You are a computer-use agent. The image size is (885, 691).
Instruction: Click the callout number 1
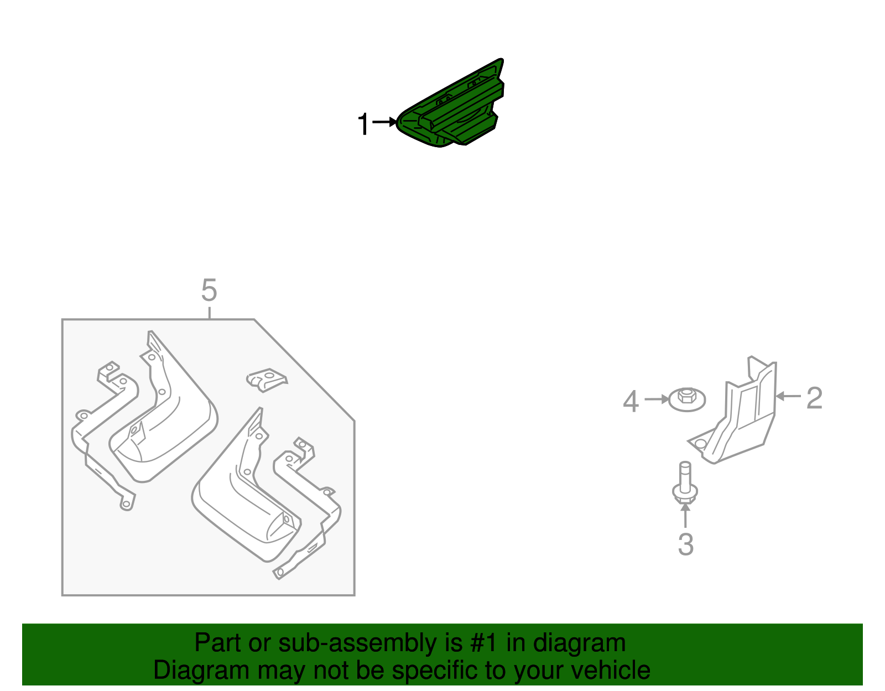tap(363, 124)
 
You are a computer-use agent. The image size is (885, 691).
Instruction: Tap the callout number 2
tap(814, 398)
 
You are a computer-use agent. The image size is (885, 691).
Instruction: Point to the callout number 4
tap(631, 402)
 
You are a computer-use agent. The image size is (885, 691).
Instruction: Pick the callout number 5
tap(209, 290)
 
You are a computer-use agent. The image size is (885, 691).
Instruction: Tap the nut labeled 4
tap(687, 399)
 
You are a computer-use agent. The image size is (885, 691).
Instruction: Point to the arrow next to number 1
tap(384, 122)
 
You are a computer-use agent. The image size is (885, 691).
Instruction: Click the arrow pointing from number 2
tap(788, 396)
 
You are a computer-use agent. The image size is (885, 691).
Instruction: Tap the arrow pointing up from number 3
tap(685, 516)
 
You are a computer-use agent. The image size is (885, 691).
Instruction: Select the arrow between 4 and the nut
tap(657, 399)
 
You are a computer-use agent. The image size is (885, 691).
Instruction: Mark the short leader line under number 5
tap(209, 313)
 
